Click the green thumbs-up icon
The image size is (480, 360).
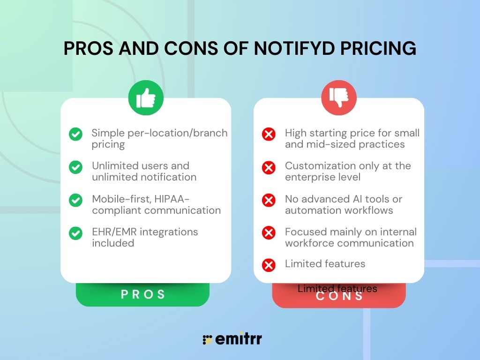tap(146, 98)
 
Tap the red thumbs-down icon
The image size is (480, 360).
tap(338, 98)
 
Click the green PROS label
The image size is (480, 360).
tap(143, 294)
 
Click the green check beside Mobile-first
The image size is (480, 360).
tap(75, 200)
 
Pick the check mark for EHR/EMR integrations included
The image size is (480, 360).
tap(75, 233)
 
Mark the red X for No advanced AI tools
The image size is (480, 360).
tap(269, 200)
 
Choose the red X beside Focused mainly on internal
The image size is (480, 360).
tap(269, 233)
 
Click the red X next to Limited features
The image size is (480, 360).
tap(269, 265)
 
